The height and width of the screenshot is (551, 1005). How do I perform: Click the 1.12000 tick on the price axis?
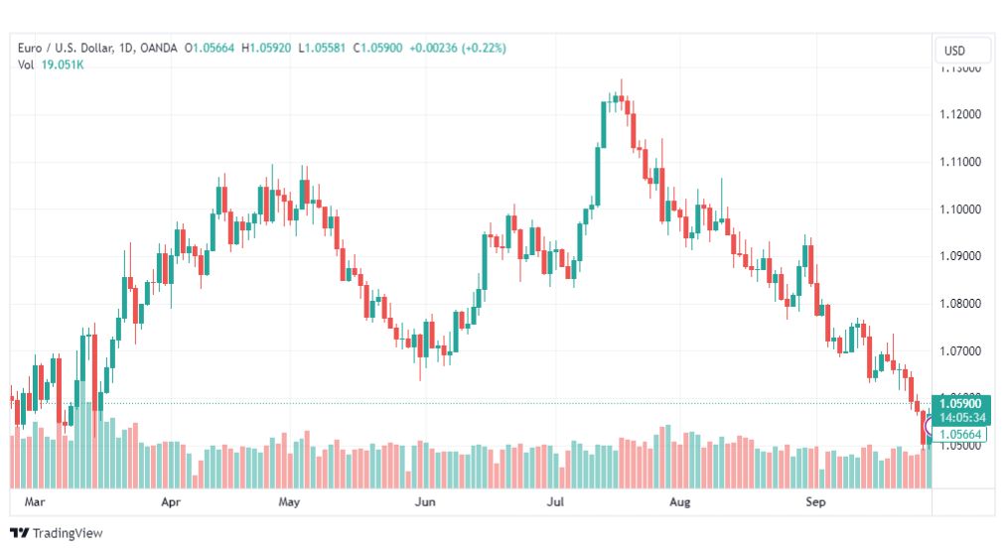(960, 114)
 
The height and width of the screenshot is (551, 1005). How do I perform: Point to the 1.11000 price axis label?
(960, 162)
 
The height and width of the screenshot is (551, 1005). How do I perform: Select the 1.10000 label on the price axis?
(960, 209)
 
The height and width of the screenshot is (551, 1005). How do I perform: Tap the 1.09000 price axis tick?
(960, 256)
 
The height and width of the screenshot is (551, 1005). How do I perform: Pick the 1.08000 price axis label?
(960, 304)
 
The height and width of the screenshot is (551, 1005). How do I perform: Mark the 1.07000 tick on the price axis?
(960, 351)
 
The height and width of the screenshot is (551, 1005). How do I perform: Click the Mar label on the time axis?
(35, 502)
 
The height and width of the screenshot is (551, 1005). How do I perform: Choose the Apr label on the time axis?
(171, 502)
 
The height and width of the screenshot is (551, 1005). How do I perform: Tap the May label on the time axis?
(289, 502)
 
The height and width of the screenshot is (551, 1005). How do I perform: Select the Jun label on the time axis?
(425, 502)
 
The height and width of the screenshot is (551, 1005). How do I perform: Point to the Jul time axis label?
(555, 502)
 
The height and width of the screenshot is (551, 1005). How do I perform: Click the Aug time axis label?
(679, 502)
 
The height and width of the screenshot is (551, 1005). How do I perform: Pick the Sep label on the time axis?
(815, 502)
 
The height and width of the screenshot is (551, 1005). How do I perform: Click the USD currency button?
(955, 51)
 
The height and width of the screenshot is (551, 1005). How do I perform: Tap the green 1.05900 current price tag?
(960, 403)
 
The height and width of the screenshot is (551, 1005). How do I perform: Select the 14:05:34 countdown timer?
(960, 417)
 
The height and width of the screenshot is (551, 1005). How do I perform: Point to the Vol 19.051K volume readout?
(50, 65)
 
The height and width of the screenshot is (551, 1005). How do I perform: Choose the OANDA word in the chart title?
(158, 48)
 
